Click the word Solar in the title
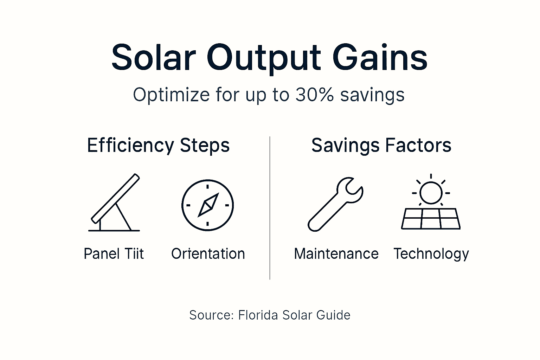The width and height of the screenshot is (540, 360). point(153,57)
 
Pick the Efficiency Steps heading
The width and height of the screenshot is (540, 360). point(158,145)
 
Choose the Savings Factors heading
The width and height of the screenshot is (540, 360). point(381,145)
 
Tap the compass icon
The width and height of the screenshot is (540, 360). point(207,205)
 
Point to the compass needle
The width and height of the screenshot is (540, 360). point(208,205)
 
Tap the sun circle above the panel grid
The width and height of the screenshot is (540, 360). point(431,193)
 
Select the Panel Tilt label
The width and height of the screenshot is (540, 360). point(114,253)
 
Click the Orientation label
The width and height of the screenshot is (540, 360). point(208,253)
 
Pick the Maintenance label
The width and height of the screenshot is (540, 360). point(336,253)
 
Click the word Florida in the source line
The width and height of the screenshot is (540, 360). point(258,315)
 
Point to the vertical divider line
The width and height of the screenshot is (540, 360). point(270,207)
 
